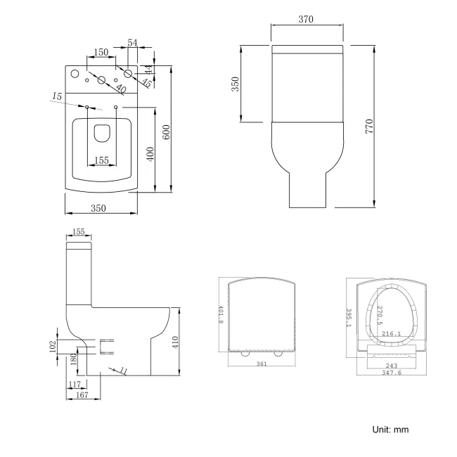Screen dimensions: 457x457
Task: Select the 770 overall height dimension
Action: click(368, 127)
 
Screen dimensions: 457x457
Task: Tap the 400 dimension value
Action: click(150, 153)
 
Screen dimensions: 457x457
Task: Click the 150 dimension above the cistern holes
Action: click(101, 53)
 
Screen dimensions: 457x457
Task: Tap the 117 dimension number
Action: click(75, 384)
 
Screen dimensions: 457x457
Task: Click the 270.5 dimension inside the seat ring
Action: click(380, 315)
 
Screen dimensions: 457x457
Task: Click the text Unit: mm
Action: click(390, 430)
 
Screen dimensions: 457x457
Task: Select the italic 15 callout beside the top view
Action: click(56, 96)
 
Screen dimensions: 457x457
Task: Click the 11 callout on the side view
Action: click(123, 370)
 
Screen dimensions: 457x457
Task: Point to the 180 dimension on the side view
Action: click(74, 360)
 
